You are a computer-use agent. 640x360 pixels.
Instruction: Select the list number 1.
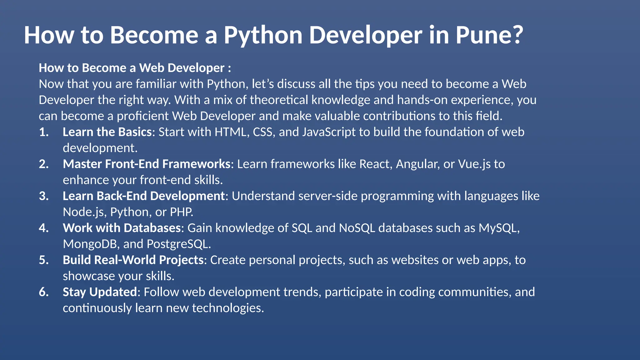[44, 132]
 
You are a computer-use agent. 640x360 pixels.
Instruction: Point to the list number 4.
[44, 228]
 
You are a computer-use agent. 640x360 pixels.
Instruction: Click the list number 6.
[44, 292]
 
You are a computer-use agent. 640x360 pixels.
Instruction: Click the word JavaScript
[329, 132]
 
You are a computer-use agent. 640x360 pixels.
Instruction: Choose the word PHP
[181, 212]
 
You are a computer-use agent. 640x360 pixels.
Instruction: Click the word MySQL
[499, 228]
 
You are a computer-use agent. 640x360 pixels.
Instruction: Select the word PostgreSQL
[178, 244]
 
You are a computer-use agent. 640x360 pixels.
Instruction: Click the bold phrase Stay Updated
[100, 292]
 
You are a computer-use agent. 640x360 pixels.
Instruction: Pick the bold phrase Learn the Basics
[107, 132]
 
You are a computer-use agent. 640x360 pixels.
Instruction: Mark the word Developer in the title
[365, 35]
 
